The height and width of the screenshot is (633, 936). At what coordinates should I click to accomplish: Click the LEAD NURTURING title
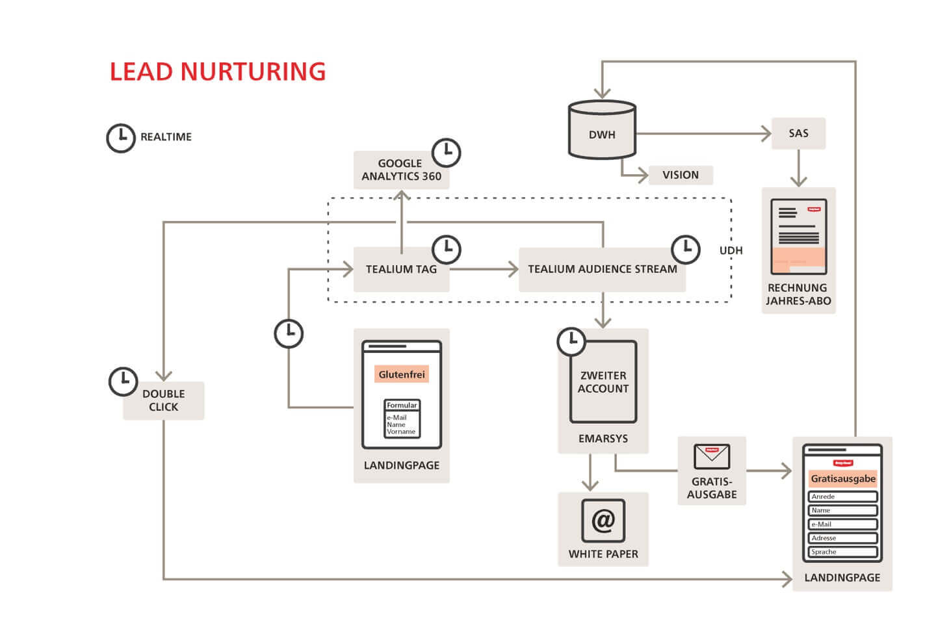pyautogui.click(x=217, y=71)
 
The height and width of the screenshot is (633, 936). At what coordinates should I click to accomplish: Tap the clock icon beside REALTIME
pyautogui.click(x=120, y=138)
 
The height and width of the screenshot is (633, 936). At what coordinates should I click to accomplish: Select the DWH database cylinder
pyautogui.click(x=602, y=130)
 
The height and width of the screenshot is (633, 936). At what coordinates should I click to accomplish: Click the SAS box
pyautogui.click(x=798, y=133)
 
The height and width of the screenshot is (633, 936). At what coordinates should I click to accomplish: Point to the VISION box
pyautogui.click(x=680, y=175)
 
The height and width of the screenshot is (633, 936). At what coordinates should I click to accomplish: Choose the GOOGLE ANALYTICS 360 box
pyautogui.click(x=400, y=170)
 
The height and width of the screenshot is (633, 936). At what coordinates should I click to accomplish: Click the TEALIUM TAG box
pyautogui.click(x=400, y=269)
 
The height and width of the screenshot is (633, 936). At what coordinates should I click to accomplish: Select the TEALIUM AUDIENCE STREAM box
pyautogui.click(x=602, y=269)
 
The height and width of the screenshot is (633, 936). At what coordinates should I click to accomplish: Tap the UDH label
pyautogui.click(x=731, y=250)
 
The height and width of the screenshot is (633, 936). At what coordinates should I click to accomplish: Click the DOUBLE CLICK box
pyautogui.click(x=163, y=400)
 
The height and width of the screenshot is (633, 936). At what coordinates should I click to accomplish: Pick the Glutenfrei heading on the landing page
pyautogui.click(x=402, y=374)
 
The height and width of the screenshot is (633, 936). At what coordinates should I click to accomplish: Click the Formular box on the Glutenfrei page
pyautogui.click(x=402, y=419)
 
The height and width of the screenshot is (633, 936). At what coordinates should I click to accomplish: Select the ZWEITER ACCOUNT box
pyautogui.click(x=603, y=382)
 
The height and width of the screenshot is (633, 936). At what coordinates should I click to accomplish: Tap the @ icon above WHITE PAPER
pyautogui.click(x=603, y=521)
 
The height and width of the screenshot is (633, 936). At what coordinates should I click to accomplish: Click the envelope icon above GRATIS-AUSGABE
pyautogui.click(x=712, y=456)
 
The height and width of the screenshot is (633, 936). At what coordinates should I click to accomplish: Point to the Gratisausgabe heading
pyautogui.click(x=842, y=479)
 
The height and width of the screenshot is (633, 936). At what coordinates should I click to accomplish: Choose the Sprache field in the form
pyautogui.click(x=842, y=552)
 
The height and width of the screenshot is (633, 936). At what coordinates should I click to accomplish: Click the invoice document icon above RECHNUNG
pyautogui.click(x=798, y=237)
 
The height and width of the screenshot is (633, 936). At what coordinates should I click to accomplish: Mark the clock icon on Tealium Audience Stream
pyautogui.click(x=685, y=249)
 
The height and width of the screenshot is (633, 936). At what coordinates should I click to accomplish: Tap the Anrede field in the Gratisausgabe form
pyautogui.click(x=842, y=497)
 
